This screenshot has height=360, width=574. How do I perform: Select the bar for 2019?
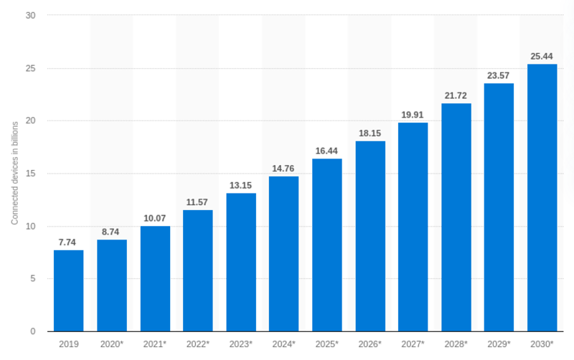coord(69,290)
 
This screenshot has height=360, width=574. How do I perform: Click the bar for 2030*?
coord(542,197)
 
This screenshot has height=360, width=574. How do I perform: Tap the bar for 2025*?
coord(327,245)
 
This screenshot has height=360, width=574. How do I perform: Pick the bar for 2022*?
coord(198,270)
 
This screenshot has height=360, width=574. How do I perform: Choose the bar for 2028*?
coord(456,217)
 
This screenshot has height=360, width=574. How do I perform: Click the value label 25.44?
coord(542,56)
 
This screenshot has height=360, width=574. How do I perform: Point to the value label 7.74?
coord(69,242)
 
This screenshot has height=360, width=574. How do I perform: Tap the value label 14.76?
coord(284,169)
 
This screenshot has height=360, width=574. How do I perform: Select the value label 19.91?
coord(413,114)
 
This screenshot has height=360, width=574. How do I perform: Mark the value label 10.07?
coord(155,218)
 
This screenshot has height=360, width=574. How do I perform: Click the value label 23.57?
coord(499,75)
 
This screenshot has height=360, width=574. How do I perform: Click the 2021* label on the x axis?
coord(155,344)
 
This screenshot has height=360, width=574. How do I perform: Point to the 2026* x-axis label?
coord(370,344)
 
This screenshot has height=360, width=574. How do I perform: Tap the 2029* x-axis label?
coord(499,344)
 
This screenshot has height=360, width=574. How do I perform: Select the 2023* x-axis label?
coord(241,344)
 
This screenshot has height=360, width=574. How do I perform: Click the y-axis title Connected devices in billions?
coord(14,174)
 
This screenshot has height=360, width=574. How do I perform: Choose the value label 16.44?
coord(327,151)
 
